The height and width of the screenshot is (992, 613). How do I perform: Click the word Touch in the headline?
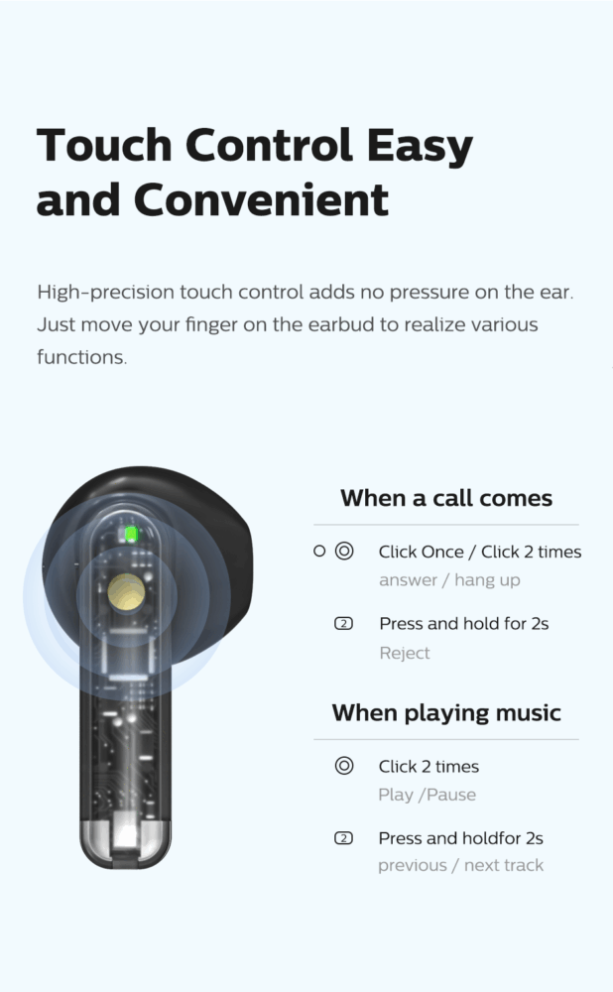(104, 145)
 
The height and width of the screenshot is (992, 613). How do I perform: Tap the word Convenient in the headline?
(261, 200)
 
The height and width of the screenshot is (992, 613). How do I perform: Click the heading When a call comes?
(446, 498)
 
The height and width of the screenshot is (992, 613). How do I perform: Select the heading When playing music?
(446, 713)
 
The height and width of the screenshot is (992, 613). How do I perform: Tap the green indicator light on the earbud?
(131, 535)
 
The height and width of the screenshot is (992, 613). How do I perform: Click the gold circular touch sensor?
(126, 592)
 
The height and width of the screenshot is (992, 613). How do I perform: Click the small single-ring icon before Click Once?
(319, 551)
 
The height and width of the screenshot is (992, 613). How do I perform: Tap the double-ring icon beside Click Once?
(344, 551)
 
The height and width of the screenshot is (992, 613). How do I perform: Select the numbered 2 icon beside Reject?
(343, 624)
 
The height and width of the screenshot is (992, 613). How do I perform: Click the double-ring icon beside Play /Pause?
(344, 766)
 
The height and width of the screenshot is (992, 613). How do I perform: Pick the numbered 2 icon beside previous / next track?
(343, 838)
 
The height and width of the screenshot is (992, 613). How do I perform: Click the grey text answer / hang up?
(449, 580)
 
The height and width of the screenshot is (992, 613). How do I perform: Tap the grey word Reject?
(405, 653)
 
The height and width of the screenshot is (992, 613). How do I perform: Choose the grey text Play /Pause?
(427, 795)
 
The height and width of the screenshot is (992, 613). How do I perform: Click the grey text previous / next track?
(460, 865)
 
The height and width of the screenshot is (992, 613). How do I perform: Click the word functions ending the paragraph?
(81, 357)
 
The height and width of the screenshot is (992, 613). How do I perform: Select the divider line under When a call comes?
(446, 525)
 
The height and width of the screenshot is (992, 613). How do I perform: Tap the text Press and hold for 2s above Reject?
(463, 624)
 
